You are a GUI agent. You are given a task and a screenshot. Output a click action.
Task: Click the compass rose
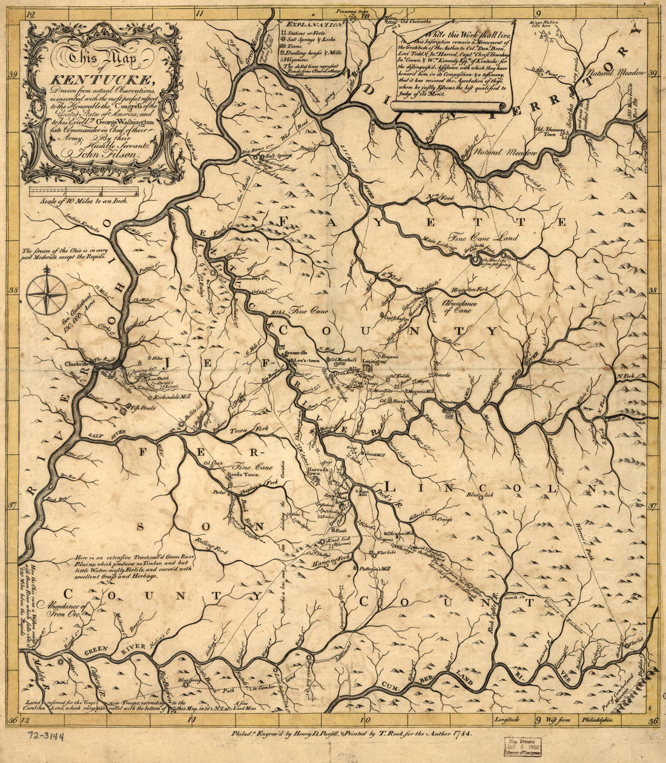(x=47, y=294)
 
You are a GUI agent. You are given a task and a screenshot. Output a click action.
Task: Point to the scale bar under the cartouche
(x=84, y=192)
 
